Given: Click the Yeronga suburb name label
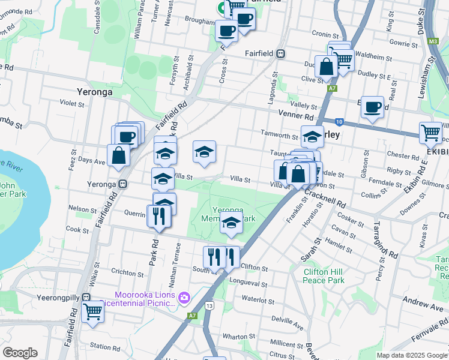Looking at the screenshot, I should (x=96, y=92).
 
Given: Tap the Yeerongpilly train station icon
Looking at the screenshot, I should (x=86, y=297).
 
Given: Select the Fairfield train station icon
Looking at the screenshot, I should (x=280, y=53).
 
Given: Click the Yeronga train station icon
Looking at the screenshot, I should (x=122, y=184).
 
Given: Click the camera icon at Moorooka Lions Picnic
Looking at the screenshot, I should (x=184, y=297).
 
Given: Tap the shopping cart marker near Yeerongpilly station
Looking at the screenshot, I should (x=92, y=311).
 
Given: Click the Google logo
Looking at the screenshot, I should (x=20, y=353).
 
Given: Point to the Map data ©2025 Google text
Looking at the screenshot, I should (x=411, y=355).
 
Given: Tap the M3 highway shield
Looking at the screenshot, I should (x=433, y=41).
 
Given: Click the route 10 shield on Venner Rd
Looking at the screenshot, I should (x=339, y=121).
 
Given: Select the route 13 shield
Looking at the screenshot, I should (x=209, y=306).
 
